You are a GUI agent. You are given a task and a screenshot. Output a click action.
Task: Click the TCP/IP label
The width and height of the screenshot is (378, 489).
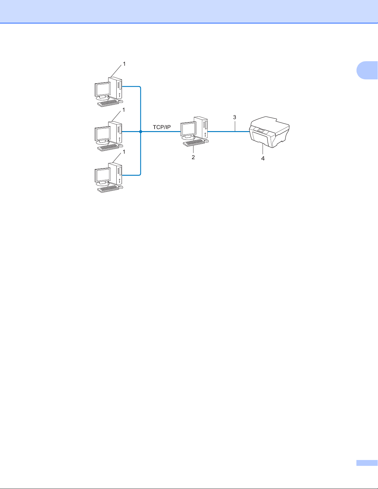click(x=162, y=127)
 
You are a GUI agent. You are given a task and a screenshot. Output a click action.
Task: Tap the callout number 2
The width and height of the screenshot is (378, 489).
click(x=193, y=157)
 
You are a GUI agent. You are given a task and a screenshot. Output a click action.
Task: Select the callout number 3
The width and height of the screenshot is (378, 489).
click(x=235, y=118)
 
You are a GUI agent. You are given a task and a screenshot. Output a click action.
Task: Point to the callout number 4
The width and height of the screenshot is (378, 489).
click(x=263, y=159)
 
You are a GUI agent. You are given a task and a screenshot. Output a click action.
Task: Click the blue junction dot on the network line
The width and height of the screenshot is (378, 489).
click(x=140, y=132)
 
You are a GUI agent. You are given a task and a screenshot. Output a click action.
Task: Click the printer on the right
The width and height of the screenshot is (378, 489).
click(x=269, y=131)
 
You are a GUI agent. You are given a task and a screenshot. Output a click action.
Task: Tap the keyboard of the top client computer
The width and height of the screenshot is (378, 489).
click(x=108, y=103)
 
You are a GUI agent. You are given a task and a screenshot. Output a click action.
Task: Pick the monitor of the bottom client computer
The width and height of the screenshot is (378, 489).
click(x=102, y=176)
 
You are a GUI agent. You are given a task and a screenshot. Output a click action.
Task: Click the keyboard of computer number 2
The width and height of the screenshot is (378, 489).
click(x=194, y=143)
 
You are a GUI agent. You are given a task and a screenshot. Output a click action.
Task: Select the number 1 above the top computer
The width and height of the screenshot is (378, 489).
click(x=124, y=64)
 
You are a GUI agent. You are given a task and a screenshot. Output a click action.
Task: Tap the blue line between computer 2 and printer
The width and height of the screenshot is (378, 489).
click(x=228, y=132)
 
